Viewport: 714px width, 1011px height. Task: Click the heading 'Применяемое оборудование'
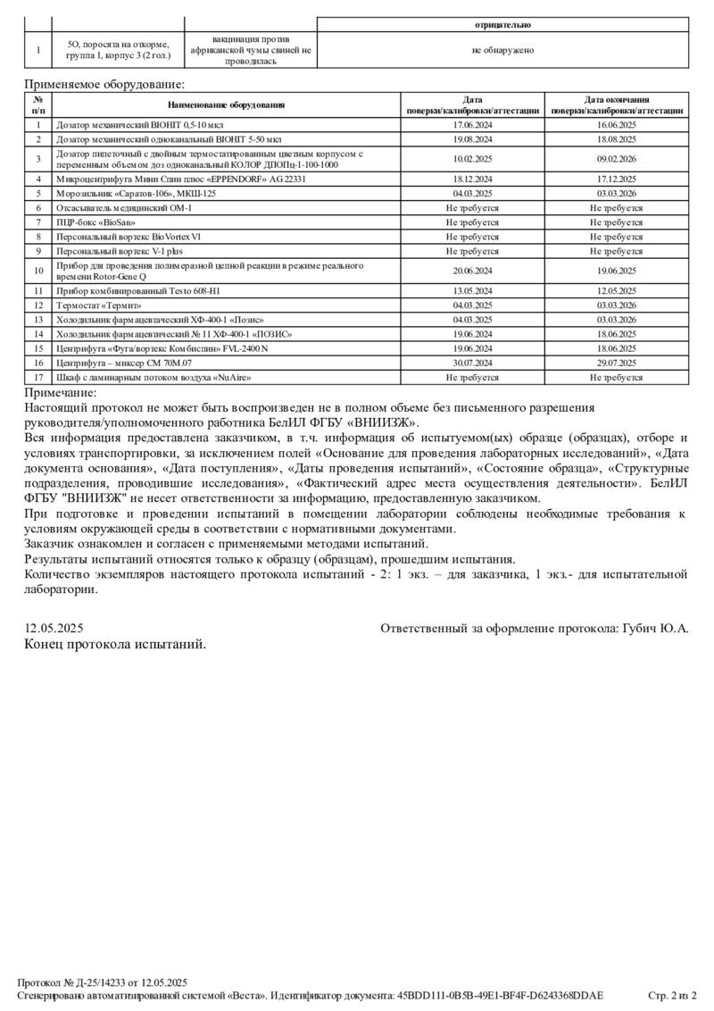coord(104,84)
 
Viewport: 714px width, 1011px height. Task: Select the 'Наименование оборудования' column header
coord(227,105)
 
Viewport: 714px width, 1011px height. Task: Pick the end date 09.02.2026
coord(616,159)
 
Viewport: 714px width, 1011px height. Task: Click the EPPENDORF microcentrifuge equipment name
coord(180,179)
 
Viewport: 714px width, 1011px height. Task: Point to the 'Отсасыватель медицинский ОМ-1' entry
coord(124,207)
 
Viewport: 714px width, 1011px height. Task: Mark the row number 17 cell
coord(38,378)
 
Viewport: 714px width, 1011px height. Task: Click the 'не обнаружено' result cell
coord(502,50)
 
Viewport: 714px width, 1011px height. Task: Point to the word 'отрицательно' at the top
coord(502,25)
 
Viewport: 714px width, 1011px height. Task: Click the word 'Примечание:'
coord(61,392)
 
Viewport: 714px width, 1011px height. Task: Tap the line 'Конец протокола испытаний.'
coord(115,643)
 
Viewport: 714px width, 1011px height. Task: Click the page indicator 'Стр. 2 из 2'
coord(671,995)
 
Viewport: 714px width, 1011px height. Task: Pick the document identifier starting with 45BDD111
coord(500,995)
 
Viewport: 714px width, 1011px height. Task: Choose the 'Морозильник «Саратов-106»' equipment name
coord(137,193)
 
